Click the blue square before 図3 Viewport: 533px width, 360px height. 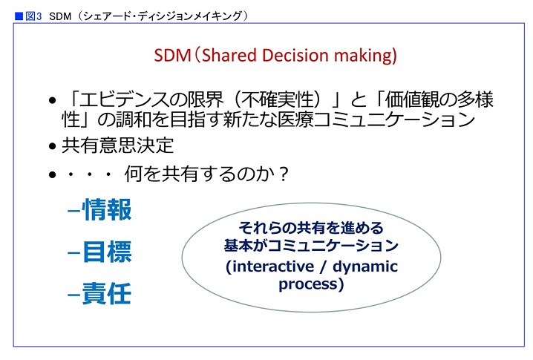point(19,16)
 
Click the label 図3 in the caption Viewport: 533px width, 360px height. point(33,16)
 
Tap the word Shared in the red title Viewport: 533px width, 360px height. point(229,55)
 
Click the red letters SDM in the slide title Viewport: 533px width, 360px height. point(172,56)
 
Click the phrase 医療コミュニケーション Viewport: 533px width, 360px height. point(376,120)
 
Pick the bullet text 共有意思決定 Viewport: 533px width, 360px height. point(117,145)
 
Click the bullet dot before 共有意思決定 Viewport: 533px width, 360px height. point(52,146)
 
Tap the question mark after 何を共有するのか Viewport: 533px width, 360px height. point(283,174)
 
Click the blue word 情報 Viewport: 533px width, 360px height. point(106,210)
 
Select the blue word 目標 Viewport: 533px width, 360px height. point(107,252)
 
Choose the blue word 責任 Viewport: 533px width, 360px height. point(106,294)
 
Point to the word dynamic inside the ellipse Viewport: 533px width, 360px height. point(365,267)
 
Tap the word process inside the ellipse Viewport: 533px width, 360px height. point(308,284)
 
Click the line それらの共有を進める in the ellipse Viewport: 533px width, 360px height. point(311,228)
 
